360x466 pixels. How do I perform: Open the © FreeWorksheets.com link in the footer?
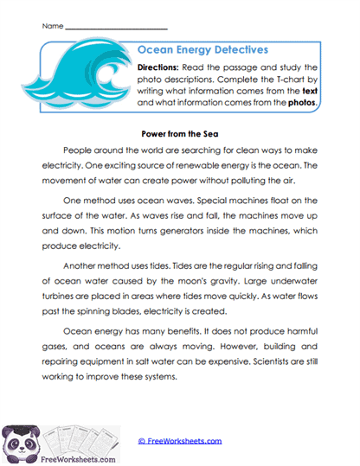[180, 441]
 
